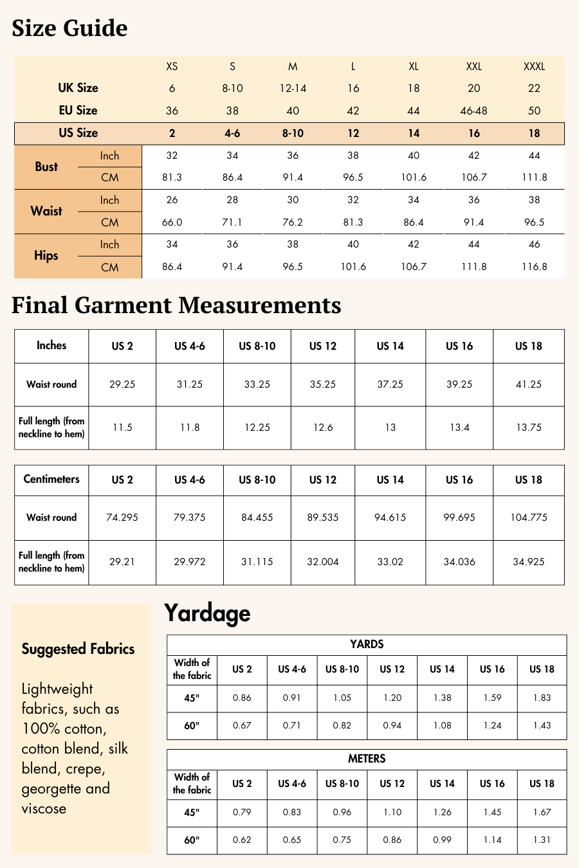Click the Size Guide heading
pos(69,28)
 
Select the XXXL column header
pos(534,66)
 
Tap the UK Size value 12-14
pos(293,88)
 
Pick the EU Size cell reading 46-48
pos(473,111)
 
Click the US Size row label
pos(78,133)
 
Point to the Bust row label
pos(46,167)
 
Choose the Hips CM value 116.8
pos(534,267)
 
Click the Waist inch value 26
pos(172,200)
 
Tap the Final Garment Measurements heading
pos(176,305)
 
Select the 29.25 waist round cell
pos(122,384)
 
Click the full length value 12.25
pos(257,428)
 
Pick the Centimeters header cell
pos(51,479)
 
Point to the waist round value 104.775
pos(528,518)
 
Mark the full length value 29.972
pos(189,562)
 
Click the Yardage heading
pos(207,613)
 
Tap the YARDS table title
pos(367,644)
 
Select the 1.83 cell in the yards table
pos(542,698)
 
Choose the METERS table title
pos(367,759)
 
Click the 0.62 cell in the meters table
pos(242,840)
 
